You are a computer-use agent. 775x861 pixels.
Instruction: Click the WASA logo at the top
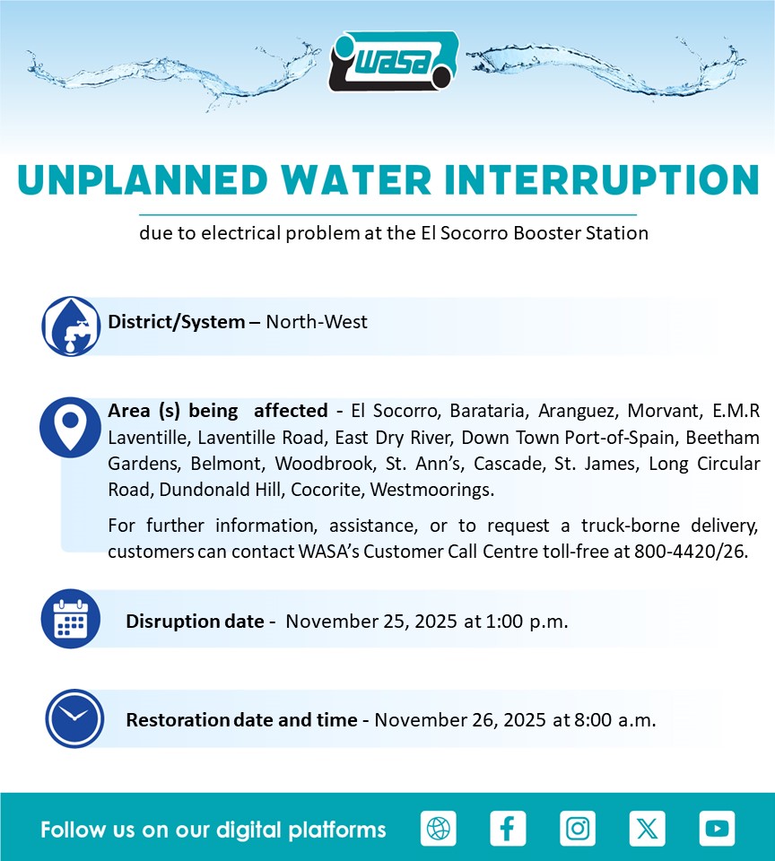pos(394,61)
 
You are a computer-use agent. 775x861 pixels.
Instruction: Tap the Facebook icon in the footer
pos(508,828)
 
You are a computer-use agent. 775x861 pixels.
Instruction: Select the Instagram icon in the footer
pos(578,828)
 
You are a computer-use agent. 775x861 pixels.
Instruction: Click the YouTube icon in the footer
pos(717,828)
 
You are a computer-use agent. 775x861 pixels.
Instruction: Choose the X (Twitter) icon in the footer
pos(647,828)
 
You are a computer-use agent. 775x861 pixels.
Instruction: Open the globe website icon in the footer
pos(439,828)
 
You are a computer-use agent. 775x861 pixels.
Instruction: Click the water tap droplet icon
pos(71,326)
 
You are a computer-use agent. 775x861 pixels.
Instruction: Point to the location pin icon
pos(70,427)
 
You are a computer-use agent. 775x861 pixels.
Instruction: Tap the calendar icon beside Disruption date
pos(71,619)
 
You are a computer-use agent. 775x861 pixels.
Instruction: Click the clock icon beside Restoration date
pos(74,718)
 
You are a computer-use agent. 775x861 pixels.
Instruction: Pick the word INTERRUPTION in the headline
pos(602,180)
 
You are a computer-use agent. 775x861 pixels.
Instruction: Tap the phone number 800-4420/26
pos(691,551)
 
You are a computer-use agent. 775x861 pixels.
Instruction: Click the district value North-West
pos(317,322)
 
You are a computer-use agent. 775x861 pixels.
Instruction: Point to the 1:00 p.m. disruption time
pos(527,621)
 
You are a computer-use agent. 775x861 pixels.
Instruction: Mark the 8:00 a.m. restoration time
pos(615,720)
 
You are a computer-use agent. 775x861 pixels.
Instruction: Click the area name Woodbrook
pos(325,464)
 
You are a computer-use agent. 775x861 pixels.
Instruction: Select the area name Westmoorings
pos(432,490)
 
